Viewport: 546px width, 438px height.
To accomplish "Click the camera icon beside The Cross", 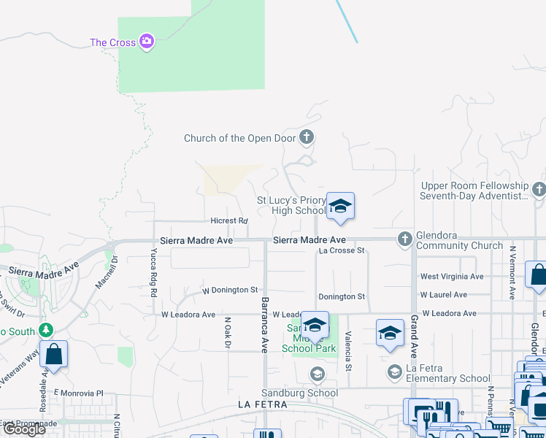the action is pyautogui.click(x=147, y=42).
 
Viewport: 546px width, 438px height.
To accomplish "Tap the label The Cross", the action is pyautogui.click(x=112, y=42).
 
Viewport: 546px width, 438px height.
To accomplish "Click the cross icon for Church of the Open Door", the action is pyautogui.click(x=307, y=137).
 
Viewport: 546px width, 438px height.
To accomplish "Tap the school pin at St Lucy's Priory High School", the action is pyautogui.click(x=340, y=207).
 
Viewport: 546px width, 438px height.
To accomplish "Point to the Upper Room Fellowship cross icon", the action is pyautogui.click(x=539, y=190).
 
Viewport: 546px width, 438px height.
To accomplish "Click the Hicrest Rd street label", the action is pyautogui.click(x=229, y=220).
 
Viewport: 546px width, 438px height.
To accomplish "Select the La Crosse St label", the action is pyautogui.click(x=342, y=250).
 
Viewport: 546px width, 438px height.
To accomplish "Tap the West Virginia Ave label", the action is pyautogui.click(x=452, y=277).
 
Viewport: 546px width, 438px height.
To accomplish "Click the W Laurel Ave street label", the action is pyautogui.click(x=443, y=295).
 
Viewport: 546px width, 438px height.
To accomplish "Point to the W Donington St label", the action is pyautogui.click(x=230, y=290).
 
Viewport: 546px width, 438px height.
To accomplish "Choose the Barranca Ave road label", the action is pyautogui.click(x=265, y=325).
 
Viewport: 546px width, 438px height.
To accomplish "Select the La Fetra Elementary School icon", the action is pyautogui.click(x=394, y=372).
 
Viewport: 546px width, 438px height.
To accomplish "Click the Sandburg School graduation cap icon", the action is pyautogui.click(x=317, y=375).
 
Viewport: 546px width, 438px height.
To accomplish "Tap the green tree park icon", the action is pyautogui.click(x=47, y=331).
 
